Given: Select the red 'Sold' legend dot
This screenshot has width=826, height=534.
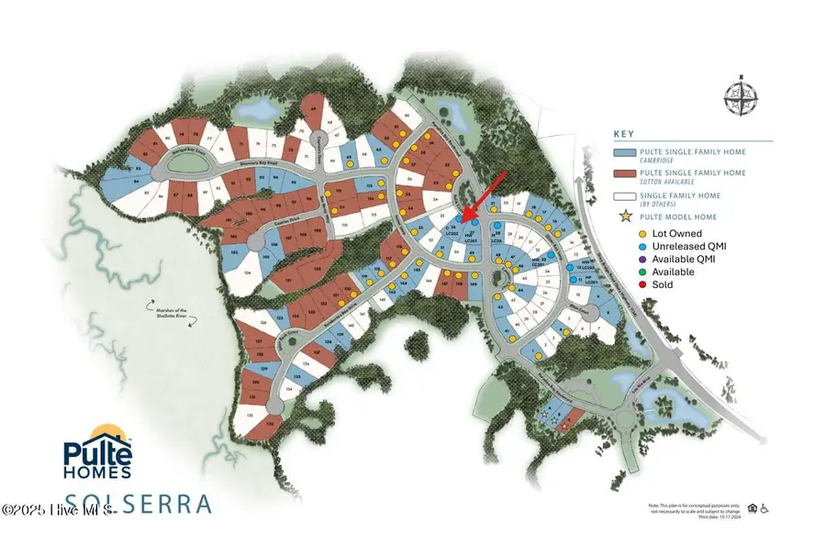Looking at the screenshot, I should (619, 284).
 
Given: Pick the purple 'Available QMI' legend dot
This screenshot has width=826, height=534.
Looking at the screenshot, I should (619, 260).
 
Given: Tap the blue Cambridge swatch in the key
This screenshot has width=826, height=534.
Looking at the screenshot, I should (635, 152).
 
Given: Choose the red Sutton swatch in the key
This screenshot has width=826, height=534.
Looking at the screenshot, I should (635, 173).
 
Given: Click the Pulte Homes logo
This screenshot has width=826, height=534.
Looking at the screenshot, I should (97, 456).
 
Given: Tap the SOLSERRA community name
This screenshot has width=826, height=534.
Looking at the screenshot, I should (138, 503).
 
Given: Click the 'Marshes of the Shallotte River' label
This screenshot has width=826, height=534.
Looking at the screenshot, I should (170, 315).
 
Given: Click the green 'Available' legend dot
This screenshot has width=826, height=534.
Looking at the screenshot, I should (619, 273).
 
